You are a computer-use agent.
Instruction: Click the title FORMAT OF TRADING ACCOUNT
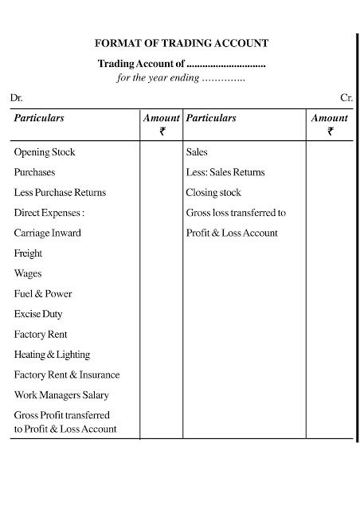[x=182, y=45]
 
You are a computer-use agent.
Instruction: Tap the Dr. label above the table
[x=17, y=98]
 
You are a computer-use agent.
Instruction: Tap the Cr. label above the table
[x=346, y=98]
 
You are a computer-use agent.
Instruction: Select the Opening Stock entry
[x=45, y=151]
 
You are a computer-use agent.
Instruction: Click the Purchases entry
[x=34, y=172]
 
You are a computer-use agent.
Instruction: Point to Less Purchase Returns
[x=60, y=193]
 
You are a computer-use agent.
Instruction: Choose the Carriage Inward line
[x=47, y=233]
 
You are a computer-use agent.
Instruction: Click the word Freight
[x=28, y=253]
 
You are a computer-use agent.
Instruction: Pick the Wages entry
[x=28, y=274]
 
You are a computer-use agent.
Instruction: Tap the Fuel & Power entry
[x=43, y=294]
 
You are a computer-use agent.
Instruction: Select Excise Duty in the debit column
[x=37, y=315]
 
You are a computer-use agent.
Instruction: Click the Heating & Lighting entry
[x=52, y=355]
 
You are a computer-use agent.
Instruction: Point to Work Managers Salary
[x=61, y=395]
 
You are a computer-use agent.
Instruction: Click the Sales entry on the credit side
[x=197, y=151]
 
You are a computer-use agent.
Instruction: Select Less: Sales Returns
[x=225, y=172]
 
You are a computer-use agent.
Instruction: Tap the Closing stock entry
[x=213, y=193]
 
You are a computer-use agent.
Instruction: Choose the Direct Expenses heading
[x=49, y=213]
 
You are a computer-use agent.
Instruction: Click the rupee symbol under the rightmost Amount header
[x=330, y=131]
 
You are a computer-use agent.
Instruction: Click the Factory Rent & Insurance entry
[x=67, y=375]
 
